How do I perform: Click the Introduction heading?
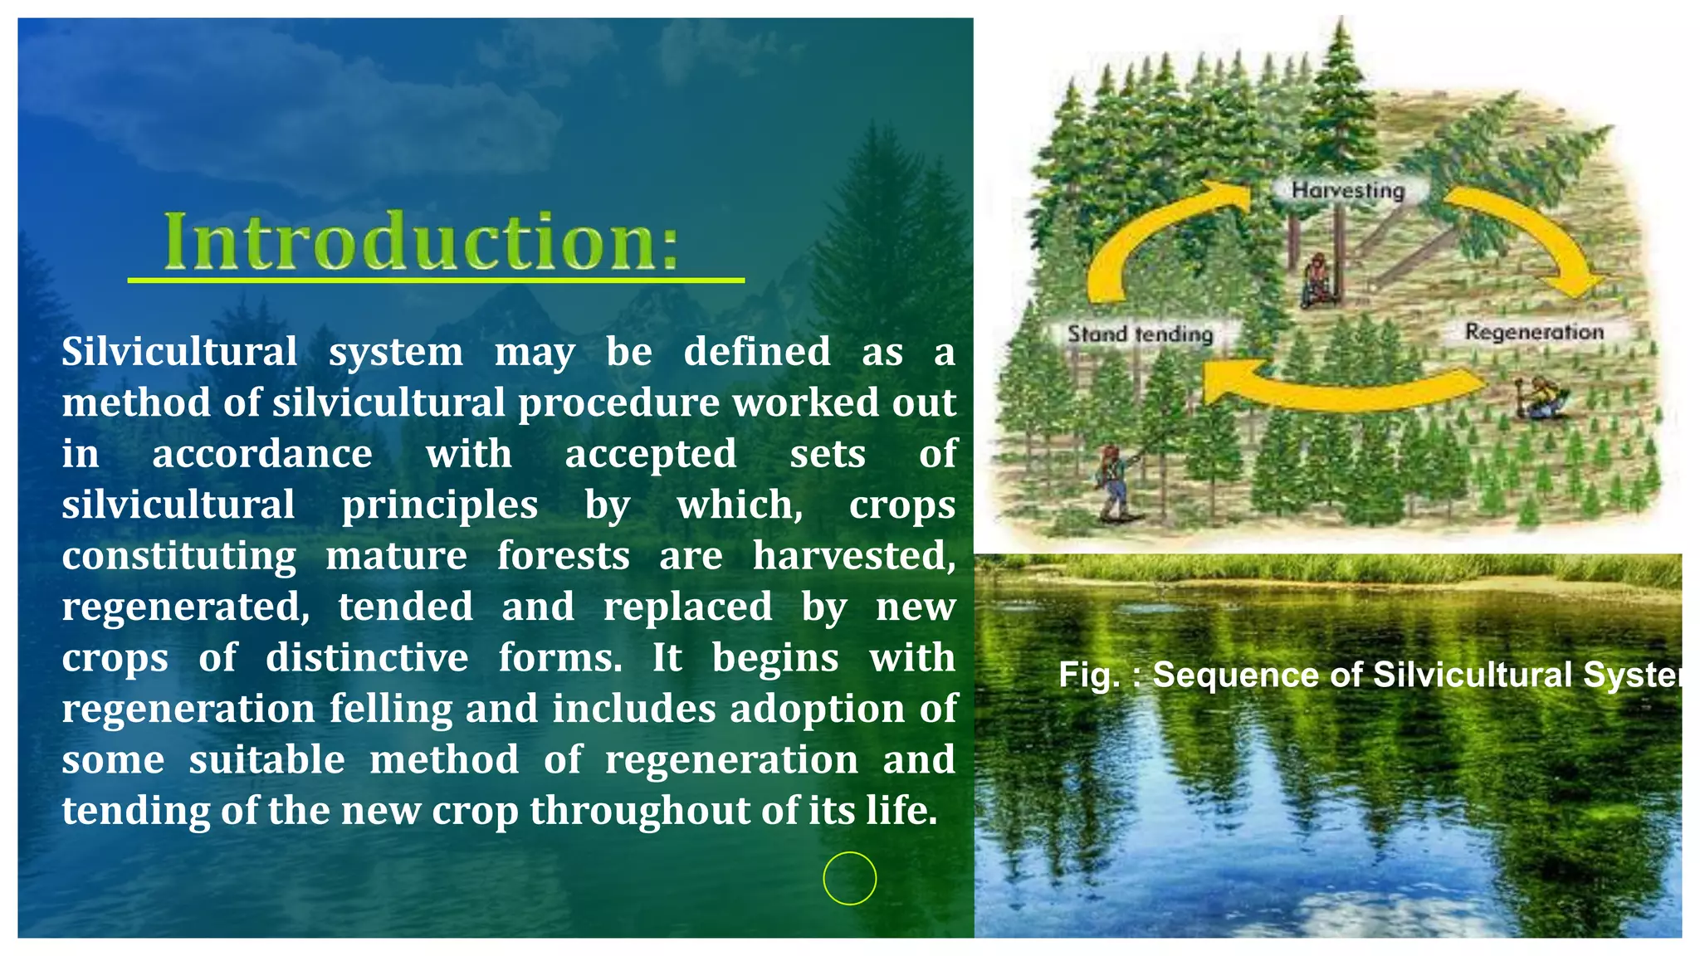421,241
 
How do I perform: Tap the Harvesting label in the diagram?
1347,190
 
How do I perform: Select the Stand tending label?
1139,334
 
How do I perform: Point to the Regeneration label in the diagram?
1533,332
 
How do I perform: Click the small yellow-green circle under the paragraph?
849,878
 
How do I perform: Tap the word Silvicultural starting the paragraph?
179,352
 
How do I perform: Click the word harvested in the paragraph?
853,556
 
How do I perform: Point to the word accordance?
261,454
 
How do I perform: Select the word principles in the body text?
439,505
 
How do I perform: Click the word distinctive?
367,658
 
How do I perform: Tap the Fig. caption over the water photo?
1370,675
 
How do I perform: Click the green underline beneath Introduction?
435,280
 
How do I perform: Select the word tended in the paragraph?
405,607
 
